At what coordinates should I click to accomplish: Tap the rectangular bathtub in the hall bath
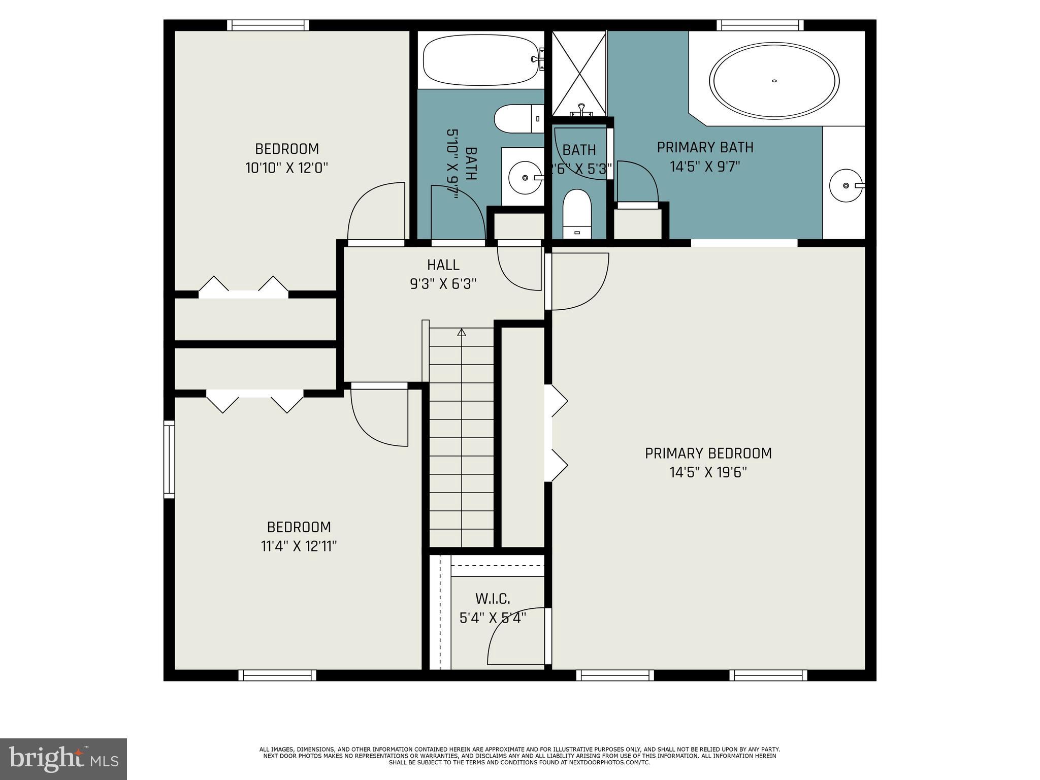pos(480,59)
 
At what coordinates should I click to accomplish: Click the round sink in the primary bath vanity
pos(846,185)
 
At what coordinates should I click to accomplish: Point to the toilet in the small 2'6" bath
pos(577,214)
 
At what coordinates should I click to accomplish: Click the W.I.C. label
pos(493,599)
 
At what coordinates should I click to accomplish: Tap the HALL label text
pos(443,265)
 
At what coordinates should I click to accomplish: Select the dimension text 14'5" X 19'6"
pos(708,473)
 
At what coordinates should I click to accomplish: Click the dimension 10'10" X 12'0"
pos(287,168)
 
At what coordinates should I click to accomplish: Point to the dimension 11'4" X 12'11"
pos(299,546)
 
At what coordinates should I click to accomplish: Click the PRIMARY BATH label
pos(705,148)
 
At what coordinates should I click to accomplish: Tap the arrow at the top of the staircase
pos(461,333)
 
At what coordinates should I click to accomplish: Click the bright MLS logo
pos(63,759)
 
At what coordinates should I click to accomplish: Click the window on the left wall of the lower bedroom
pos(169,459)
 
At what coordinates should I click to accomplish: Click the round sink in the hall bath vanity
pos(525,178)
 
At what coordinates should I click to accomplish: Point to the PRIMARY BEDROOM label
pos(708,453)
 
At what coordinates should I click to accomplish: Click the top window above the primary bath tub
pos(760,25)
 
